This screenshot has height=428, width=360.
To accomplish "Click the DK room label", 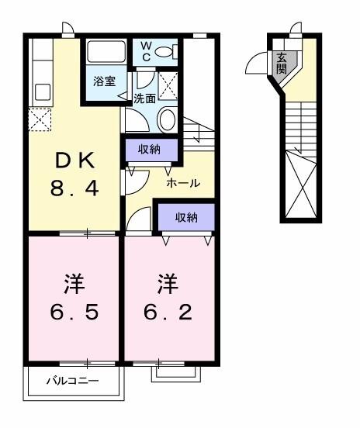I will click(75, 161).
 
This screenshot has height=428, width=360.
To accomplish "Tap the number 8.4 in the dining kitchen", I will click(75, 188).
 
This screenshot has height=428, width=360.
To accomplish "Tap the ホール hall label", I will click(185, 184).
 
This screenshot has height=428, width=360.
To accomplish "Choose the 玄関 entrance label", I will click(280, 62).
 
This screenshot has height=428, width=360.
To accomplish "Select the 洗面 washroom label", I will click(145, 98).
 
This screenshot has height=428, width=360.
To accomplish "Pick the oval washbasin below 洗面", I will click(166, 119).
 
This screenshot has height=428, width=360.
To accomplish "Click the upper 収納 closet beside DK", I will click(151, 149).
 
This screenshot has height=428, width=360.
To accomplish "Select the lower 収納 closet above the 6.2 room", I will click(185, 217).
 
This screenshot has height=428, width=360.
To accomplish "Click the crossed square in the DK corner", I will click(40, 120).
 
